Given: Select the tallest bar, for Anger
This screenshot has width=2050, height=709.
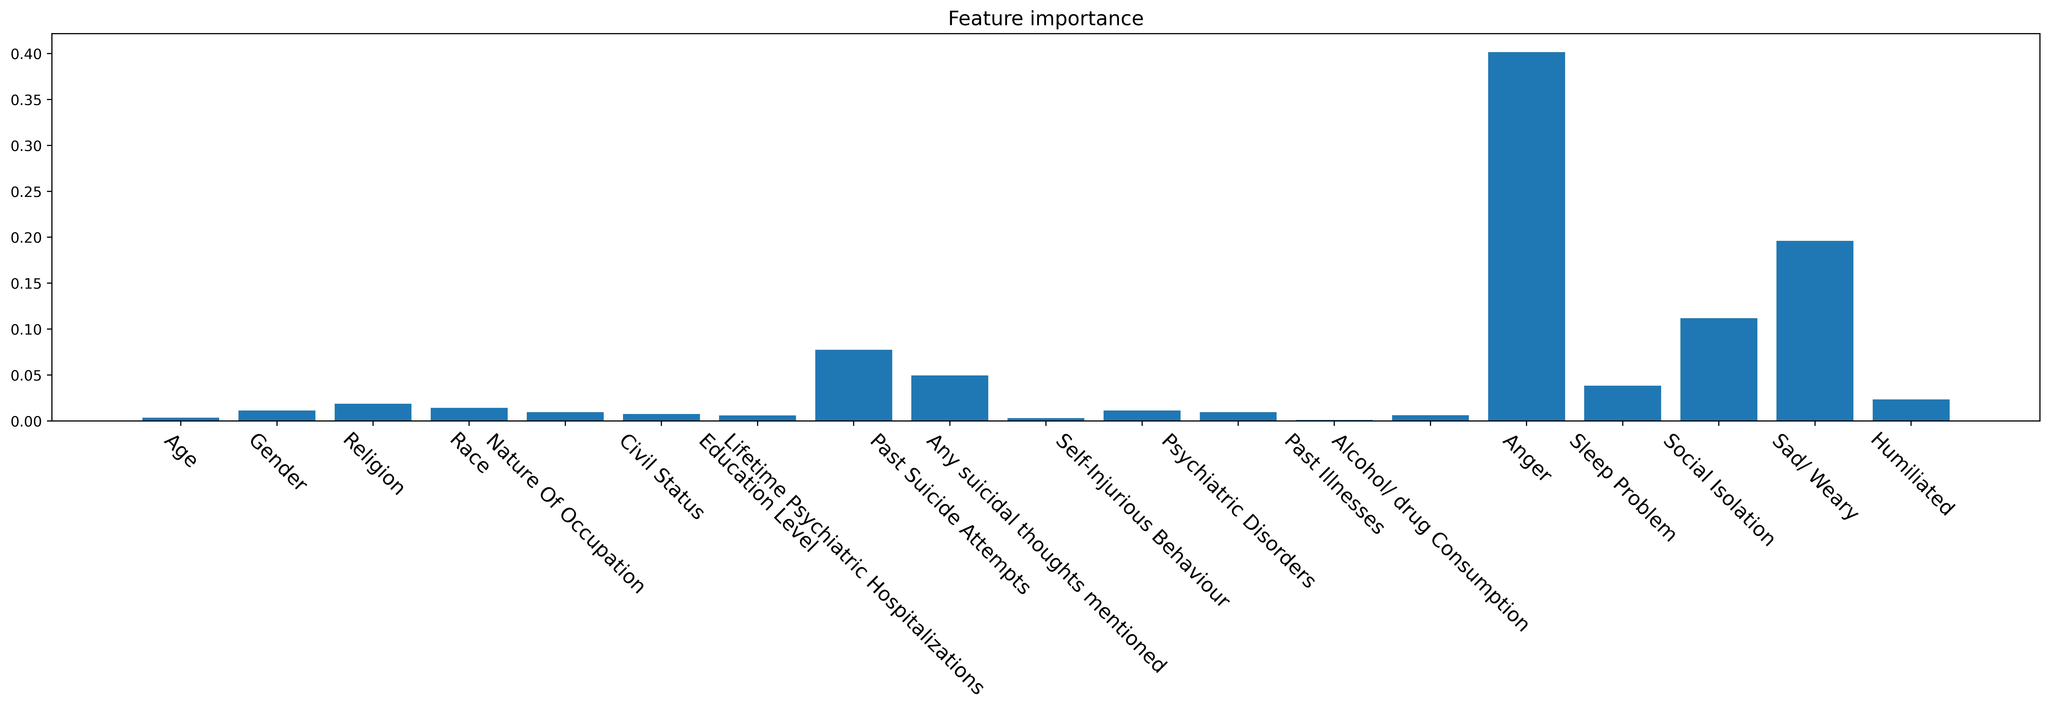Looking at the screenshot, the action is (x=1526, y=236).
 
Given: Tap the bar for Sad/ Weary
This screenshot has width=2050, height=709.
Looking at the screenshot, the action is (x=1814, y=331).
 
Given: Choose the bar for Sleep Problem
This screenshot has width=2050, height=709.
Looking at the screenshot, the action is (x=1623, y=404).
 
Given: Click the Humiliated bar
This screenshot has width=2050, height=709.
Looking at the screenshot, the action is (x=1911, y=410).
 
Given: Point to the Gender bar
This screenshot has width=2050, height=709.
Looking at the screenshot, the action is (x=277, y=415).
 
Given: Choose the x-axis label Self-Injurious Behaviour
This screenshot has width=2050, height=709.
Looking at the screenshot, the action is (x=1142, y=520).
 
